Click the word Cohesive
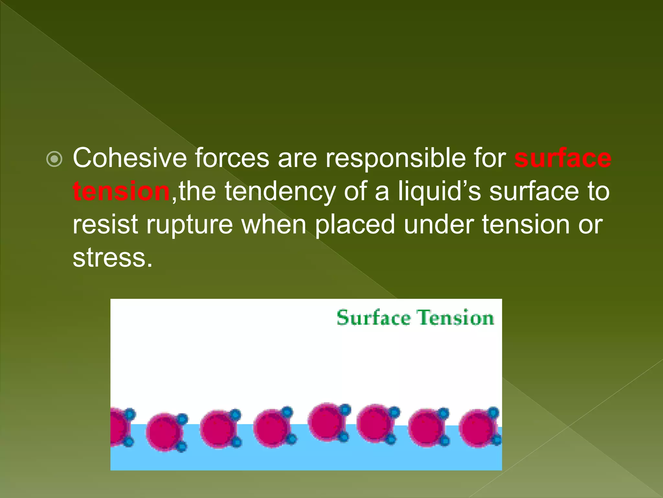coord(129,158)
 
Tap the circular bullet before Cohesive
coord(54,159)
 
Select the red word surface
coord(563,158)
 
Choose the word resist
coord(106,225)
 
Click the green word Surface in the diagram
coord(373,317)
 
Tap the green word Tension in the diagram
coord(455,317)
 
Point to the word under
coord(439,225)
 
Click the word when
coord(274,225)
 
